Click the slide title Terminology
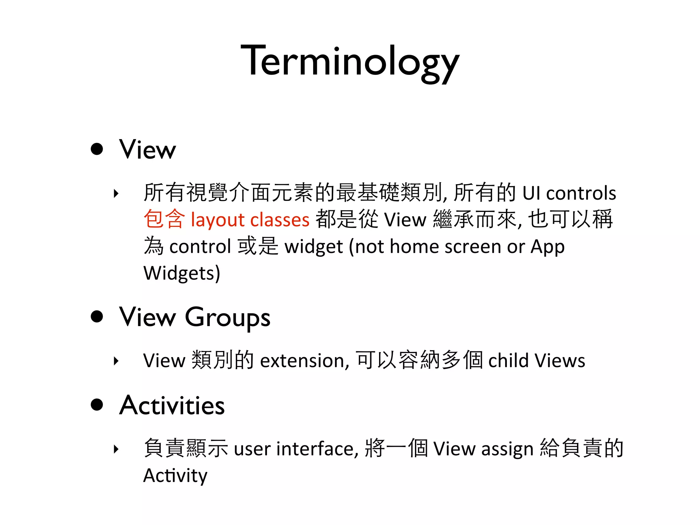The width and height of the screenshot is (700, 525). pos(350,62)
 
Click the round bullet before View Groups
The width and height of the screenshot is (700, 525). pos(97,317)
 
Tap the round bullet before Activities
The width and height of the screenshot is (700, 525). pos(97,404)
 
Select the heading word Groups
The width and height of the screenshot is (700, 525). pos(228,318)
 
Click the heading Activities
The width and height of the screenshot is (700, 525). pos(172,405)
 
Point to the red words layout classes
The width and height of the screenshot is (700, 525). pos(250,220)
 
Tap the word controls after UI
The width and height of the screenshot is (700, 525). pos(581,193)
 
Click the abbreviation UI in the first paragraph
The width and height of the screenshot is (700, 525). pos(531,193)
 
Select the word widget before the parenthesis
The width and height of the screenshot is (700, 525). pos(313,247)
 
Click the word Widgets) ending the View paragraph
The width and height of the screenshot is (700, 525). pos(181,273)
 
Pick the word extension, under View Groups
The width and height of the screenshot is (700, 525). pos(305,361)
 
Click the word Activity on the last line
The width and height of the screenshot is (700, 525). pos(175,476)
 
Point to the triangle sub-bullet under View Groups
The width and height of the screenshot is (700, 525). pos(116,361)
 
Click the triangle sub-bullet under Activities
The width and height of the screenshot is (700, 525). pos(116,449)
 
